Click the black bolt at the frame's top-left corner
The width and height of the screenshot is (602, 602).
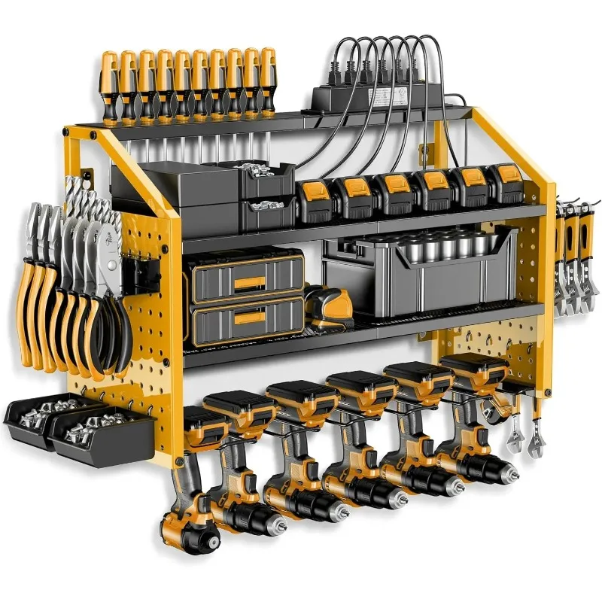(93, 135)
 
